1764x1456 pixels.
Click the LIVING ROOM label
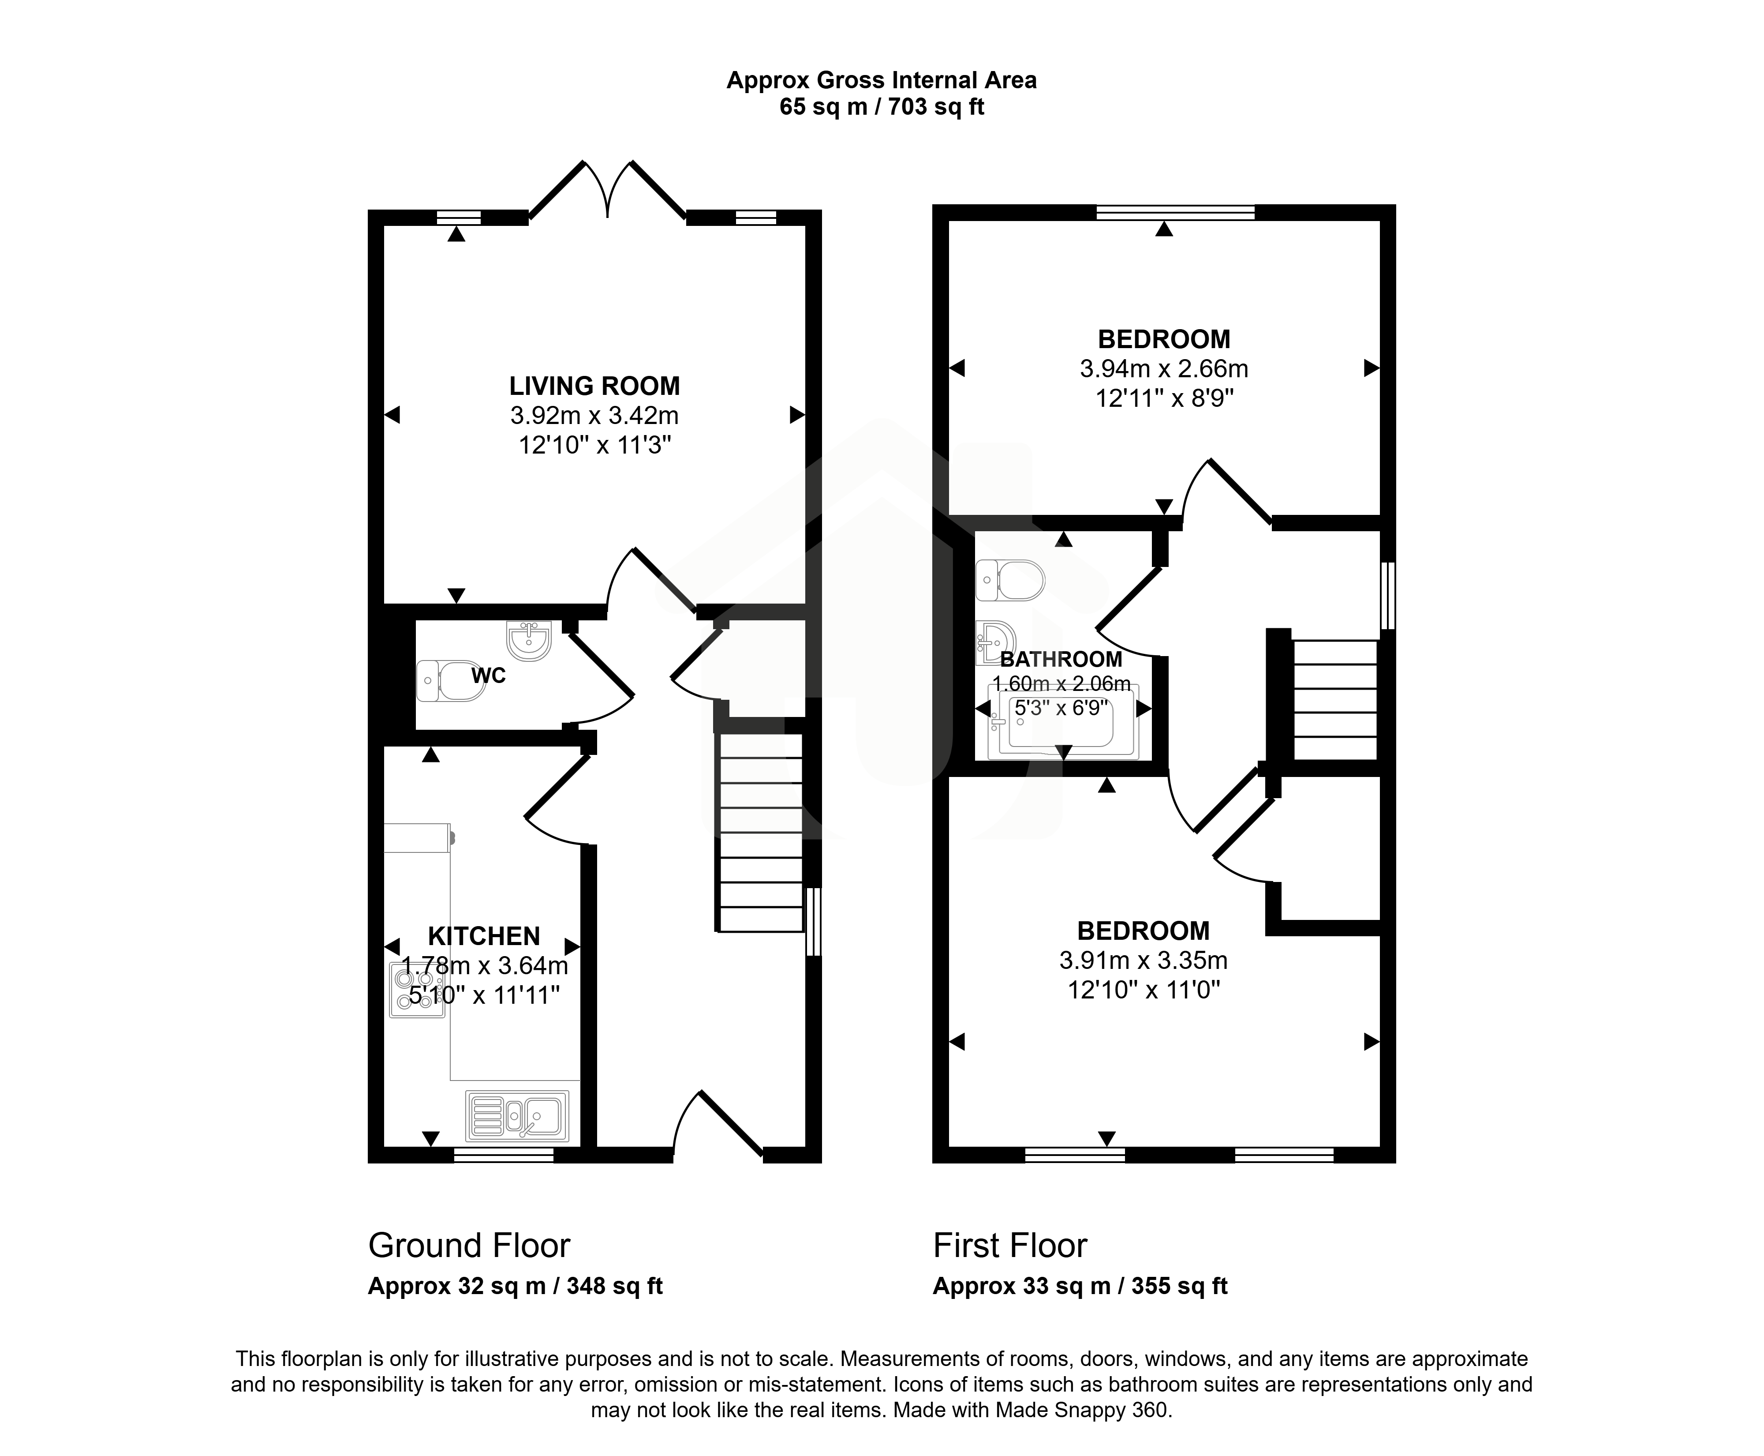point(594,386)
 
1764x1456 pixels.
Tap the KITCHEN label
point(484,936)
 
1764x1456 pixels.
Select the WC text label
point(488,676)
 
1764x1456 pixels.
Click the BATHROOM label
point(1061,659)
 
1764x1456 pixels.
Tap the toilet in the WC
point(451,680)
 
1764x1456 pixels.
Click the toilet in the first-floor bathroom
point(1010,580)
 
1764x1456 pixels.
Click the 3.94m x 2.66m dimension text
point(1164,368)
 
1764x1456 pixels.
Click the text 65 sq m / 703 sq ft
point(881,107)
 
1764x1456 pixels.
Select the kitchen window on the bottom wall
point(504,1155)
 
